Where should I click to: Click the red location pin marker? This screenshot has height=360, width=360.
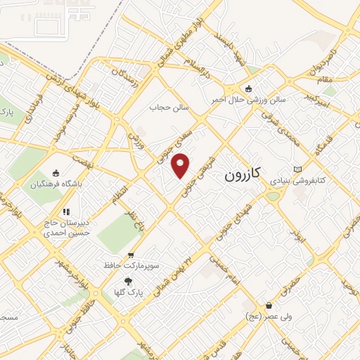181,165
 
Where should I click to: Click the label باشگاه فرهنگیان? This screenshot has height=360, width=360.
56,186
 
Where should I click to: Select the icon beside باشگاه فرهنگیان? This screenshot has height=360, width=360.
56,174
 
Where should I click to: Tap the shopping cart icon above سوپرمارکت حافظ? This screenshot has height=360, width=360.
130,255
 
